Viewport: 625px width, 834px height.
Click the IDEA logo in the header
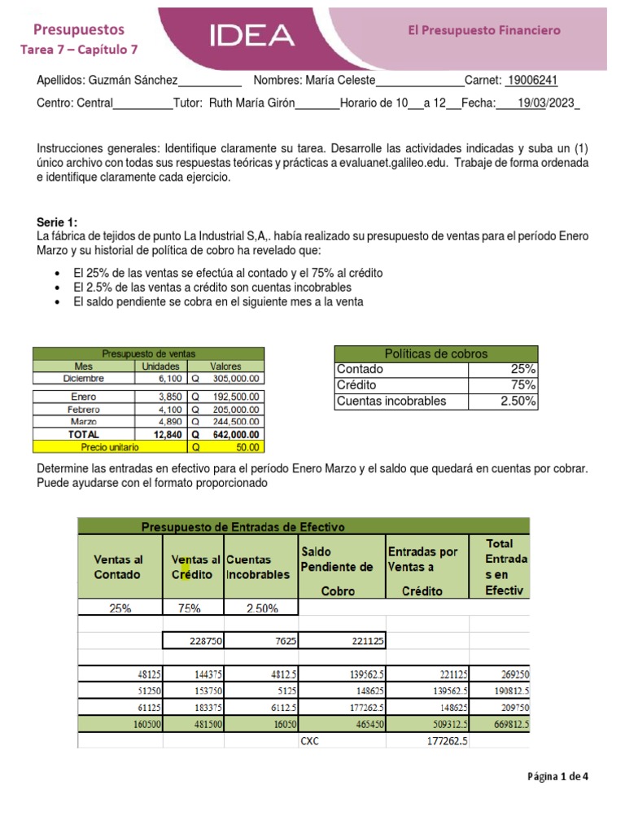tap(251, 34)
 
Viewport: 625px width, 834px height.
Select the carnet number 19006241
tap(532, 80)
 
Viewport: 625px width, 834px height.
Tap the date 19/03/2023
tap(546, 103)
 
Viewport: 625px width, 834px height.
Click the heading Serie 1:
tap(58, 222)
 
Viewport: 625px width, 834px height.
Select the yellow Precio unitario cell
tap(110, 447)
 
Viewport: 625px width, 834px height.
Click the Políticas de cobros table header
tap(435, 353)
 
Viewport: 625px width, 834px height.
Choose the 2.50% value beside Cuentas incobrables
tap(518, 401)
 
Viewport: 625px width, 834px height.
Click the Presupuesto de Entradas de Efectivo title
tap(243, 526)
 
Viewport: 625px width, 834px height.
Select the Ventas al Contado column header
tap(118, 567)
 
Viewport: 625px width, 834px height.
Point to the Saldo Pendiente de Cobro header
tap(337, 570)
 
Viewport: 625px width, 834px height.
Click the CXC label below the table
tap(310, 741)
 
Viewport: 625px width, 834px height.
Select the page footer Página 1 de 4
tap(557, 776)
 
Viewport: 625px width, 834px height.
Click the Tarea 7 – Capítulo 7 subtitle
tap(79, 49)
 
